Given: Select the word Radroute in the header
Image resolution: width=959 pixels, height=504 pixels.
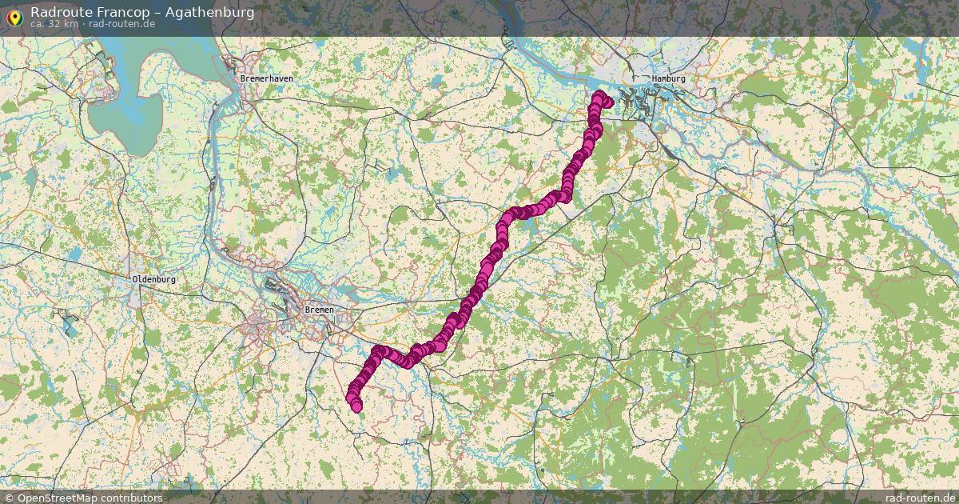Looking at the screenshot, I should click(x=57, y=12).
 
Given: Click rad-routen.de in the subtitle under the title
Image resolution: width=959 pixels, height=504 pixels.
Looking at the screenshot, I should click(x=121, y=24).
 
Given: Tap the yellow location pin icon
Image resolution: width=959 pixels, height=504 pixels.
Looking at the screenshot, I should click(x=14, y=17).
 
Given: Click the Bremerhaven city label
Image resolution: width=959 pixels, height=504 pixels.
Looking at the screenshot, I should click(x=267, y=79).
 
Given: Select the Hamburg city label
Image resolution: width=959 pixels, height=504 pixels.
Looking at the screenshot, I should click(x=669, y=79).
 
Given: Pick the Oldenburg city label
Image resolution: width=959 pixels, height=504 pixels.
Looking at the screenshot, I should click(x=153, y=279).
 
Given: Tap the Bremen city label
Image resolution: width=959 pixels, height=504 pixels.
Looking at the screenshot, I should click(x=319, y=309).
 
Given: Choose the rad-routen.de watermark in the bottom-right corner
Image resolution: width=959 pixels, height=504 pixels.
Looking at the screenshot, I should click(x=919, y=498).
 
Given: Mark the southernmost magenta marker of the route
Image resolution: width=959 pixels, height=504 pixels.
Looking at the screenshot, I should click(x=356, y=406).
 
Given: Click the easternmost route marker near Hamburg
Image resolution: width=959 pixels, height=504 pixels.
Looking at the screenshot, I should click(x=607, y=102).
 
